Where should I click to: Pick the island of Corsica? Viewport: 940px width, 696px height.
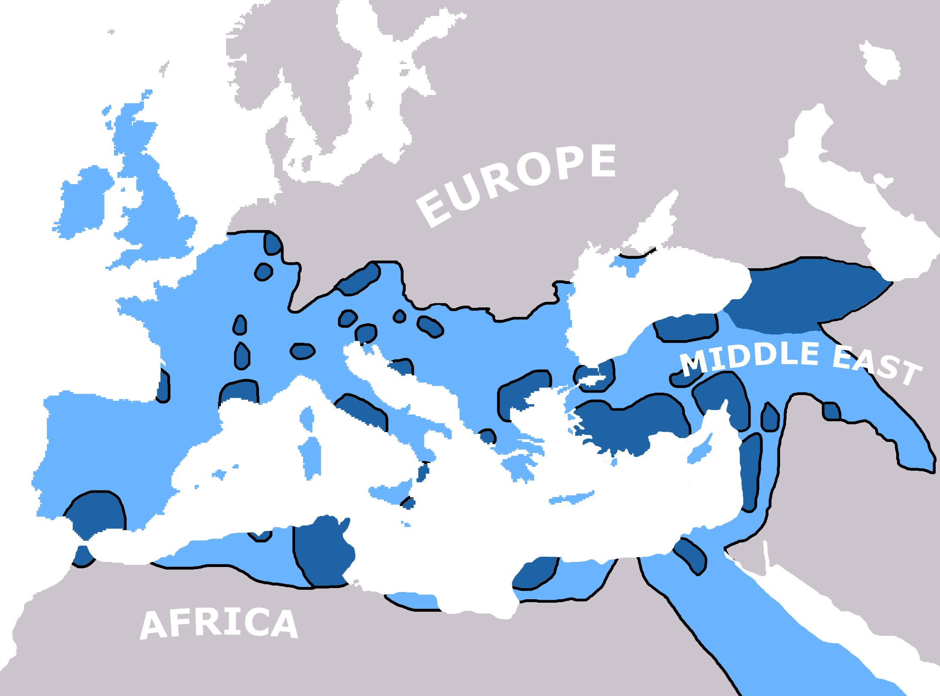(x=308, y=417)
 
